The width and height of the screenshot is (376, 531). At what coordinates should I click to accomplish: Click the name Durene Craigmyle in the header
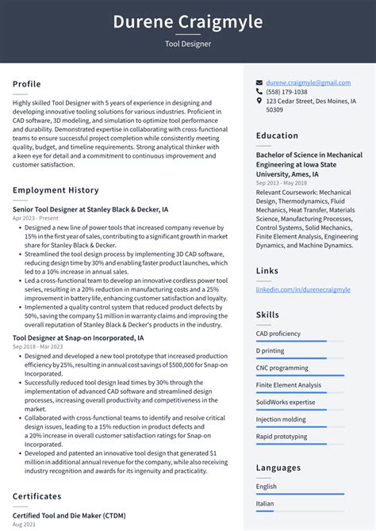click(188, 21)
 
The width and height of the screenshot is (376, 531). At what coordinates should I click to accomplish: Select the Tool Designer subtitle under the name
click(188, 44)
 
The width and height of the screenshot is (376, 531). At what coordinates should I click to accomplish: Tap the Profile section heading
click(27, 84)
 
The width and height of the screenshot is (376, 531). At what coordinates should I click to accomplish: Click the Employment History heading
click(56, 190)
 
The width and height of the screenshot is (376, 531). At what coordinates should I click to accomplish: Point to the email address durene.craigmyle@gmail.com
click(308, 82)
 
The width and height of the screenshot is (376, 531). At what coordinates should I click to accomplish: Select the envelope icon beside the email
click(259, 82)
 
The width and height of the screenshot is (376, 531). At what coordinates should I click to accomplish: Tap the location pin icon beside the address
click(259, 101)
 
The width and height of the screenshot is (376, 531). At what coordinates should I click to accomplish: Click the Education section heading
click(277, 136)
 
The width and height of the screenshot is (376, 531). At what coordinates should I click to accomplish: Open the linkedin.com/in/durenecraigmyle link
click(302, 289)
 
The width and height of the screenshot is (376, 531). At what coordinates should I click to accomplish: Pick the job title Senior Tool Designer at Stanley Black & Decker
click(90, 210)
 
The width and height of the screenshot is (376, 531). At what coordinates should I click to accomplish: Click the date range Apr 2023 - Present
click(36, 218)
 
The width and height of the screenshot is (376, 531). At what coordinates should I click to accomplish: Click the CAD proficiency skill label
click(278, 334)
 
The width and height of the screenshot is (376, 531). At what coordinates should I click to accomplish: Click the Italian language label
click(266, 503)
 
